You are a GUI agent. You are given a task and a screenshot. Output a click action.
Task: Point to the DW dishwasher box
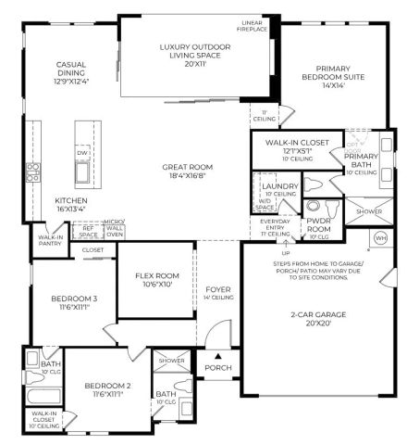[83, 154]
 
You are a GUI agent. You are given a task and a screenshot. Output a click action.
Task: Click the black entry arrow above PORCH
[217, 354]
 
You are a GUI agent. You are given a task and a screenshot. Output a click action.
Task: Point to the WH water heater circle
[381, 238]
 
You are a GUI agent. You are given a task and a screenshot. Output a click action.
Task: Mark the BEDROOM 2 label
[109, 388]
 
